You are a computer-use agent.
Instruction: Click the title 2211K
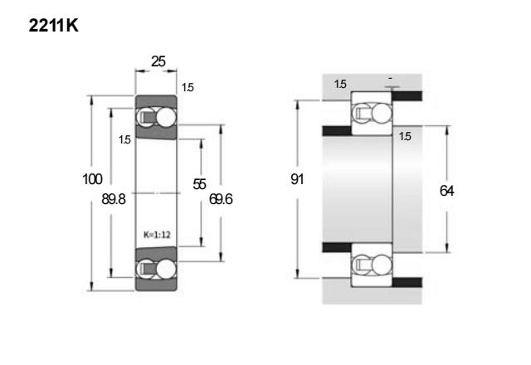point(53,26)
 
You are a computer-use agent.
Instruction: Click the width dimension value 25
point(158,61)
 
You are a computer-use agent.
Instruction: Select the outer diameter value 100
point(92,179)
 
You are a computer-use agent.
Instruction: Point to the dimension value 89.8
point(114,199)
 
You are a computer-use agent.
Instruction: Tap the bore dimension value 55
point(199,184)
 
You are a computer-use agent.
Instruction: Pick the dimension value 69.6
point(221,199)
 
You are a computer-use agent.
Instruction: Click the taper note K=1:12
point(157,235)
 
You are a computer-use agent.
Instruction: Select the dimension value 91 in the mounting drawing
point(297,179)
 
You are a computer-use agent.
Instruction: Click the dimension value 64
point(446,191)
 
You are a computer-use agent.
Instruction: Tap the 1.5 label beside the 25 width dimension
point(188,87)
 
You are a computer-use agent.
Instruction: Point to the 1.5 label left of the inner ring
point(124,139)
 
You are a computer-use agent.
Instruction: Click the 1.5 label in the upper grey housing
point(340,84)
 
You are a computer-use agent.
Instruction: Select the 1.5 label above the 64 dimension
point(405,136)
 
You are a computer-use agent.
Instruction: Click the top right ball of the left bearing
point(166,118)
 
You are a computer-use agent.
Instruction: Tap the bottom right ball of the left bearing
point(166,269)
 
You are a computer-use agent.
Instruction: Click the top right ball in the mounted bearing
point(382,113)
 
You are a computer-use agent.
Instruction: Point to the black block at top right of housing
point(407,96)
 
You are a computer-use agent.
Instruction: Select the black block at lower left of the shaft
point(337,247)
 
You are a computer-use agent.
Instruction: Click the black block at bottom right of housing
point(407,282)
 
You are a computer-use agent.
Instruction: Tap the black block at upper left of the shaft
point(337,131)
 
